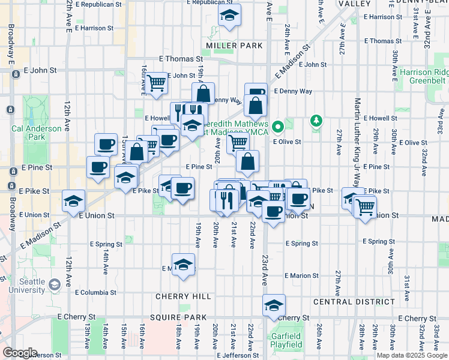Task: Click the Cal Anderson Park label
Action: [x=36, y=133]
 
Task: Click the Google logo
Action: [x=20, y=353]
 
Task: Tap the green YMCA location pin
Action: [x=277, y=127]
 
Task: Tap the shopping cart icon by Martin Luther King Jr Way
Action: [x=366, y=208]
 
